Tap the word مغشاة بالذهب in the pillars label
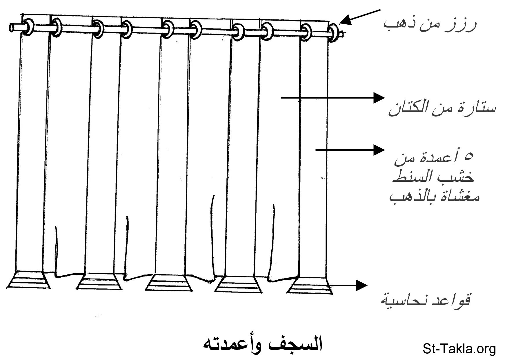434,197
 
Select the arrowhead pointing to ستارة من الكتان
379,98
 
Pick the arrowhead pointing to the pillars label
379,150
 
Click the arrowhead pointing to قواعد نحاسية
362,285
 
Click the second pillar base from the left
99,281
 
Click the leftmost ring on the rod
28,27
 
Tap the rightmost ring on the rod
335,34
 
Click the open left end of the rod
12,28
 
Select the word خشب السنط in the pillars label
433,177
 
